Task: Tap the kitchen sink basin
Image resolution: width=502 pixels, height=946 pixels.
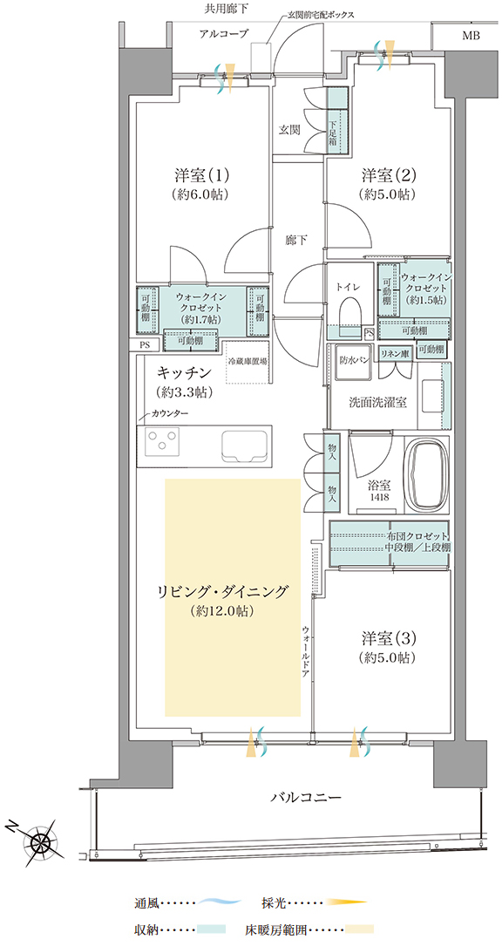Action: click(x=245, y=446)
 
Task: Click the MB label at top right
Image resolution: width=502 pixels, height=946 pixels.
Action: click(x=471, y=37)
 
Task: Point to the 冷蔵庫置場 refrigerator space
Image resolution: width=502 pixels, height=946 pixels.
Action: click(x=248, y=362)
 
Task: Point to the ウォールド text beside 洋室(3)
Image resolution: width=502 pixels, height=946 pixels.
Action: click(x=307, y=650)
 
